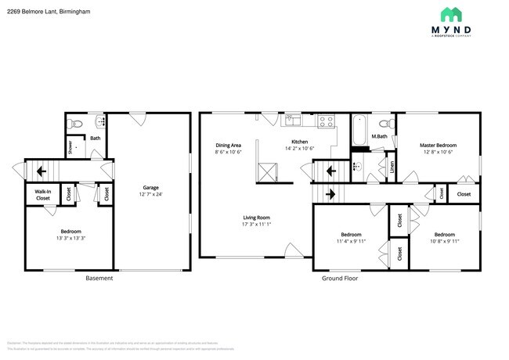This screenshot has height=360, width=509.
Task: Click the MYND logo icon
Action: [450, 14]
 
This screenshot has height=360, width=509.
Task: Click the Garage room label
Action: [151, 188]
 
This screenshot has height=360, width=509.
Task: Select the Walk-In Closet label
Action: [42, 194]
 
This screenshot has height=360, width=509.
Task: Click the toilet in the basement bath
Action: [74, 123]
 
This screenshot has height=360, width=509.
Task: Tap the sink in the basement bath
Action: [99, 121]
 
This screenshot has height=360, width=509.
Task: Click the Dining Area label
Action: [228, 146]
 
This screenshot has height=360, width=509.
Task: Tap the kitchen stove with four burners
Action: [326, 121]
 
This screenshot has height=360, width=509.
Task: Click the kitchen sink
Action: [291, 120]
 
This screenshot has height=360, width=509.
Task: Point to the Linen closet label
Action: [392, 166]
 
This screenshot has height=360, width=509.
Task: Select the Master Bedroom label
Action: [437, 146]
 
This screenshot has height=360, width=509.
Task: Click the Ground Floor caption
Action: [339, 278]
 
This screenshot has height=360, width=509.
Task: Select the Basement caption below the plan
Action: [99, 278]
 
